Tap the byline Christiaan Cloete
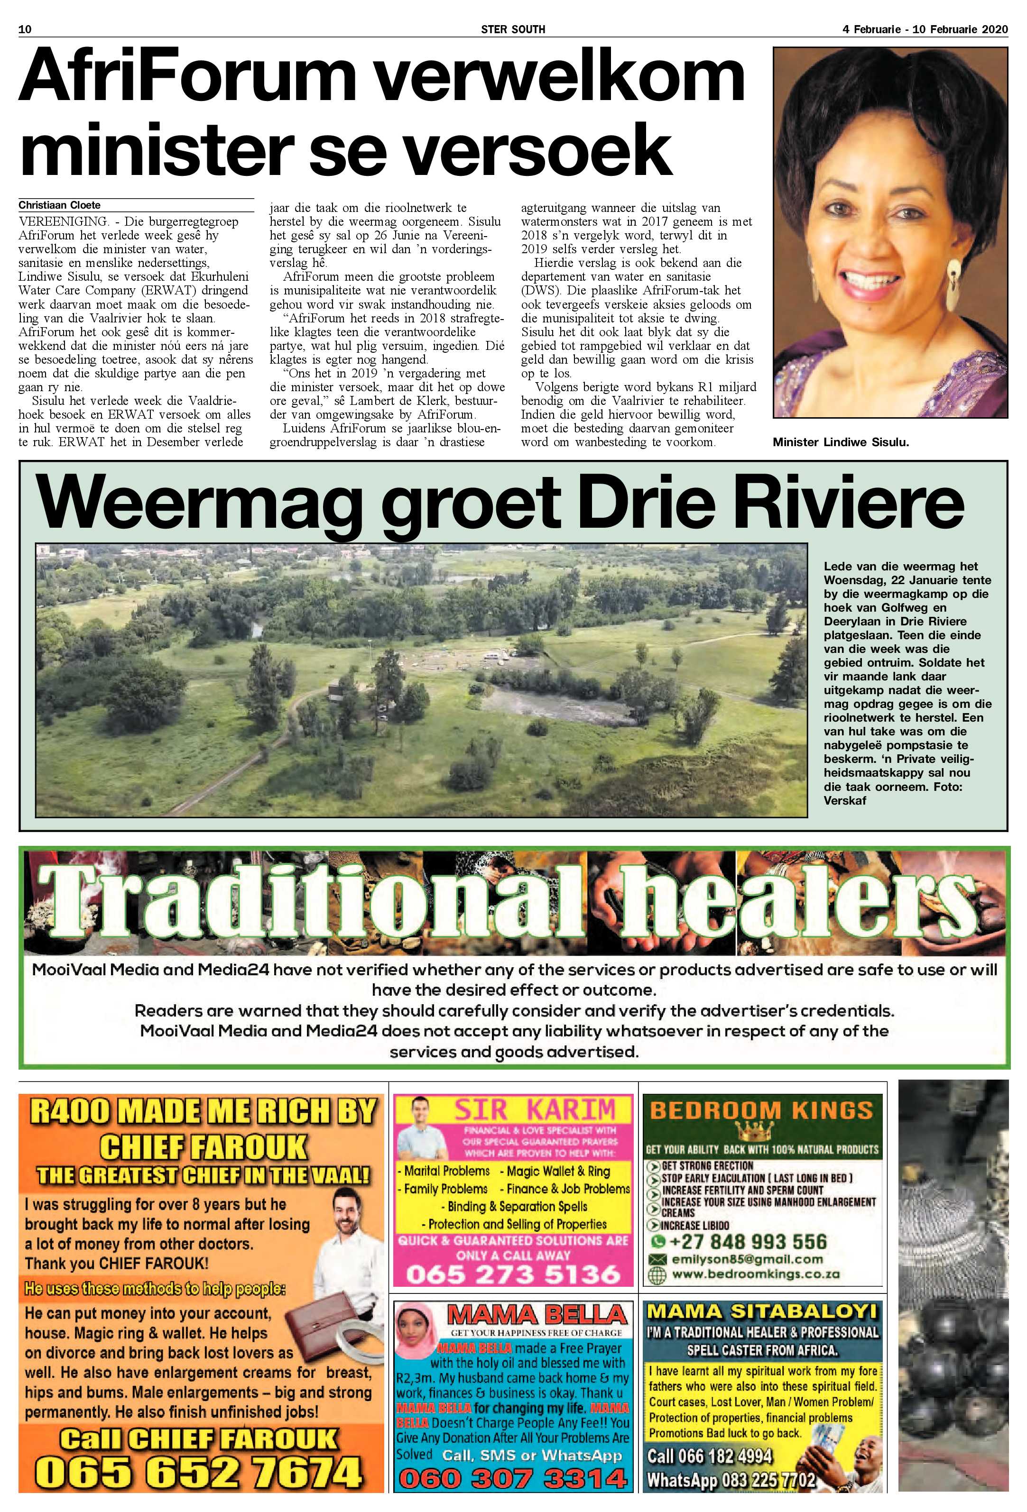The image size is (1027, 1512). pyautogui.click(x=59, y=205)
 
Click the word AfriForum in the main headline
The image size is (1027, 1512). pyautogui.click(x=187, y=79)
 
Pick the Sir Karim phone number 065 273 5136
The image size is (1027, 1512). pyautogui.click(x=513, y=1273)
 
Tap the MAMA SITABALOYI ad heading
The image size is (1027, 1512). pyautogui.click(x=761, y=1311)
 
